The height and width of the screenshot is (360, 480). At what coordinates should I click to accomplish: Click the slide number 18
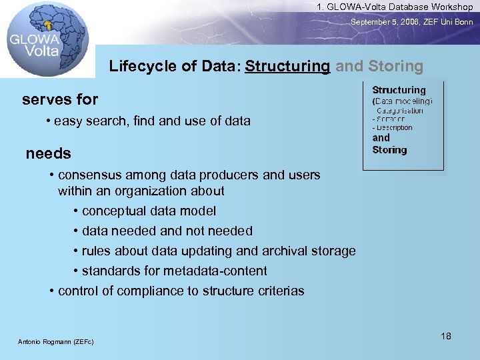[x=446, y=335]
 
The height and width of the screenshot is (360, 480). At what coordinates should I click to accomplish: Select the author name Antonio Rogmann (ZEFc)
[x=55, y=342]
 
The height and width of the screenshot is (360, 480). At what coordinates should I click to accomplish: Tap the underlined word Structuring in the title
[x=287, y=66]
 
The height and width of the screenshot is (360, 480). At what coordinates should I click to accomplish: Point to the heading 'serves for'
[x=60, y=100]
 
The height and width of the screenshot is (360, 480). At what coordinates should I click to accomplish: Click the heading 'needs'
[x=48, y=153]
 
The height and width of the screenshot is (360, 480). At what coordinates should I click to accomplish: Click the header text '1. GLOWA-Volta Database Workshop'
[x=395, y=7]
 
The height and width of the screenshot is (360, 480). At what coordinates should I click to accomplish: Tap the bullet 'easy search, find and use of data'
[x=152, y=121]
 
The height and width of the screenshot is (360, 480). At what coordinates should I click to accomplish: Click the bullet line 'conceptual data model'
[x=148, y=211]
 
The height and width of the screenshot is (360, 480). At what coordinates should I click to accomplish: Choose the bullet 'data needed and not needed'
[x=167, y=231]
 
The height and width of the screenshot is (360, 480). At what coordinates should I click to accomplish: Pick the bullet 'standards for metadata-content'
[x=173, y=271]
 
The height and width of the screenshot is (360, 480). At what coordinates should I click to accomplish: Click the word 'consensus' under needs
[x=87, y=175]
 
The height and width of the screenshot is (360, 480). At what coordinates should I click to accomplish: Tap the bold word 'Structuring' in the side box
[x=399, y=90]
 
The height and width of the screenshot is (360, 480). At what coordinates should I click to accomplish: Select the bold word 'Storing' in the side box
[x=389, y=150]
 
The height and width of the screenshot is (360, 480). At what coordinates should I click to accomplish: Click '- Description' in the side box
[x=393, y=127]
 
